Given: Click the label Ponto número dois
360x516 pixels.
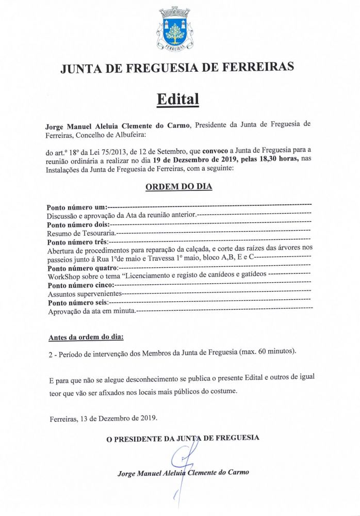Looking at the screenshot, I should tap(77, 225).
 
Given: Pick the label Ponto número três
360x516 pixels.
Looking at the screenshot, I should tap(77, 243).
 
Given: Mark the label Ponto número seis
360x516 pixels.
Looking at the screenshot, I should tap(77, 302).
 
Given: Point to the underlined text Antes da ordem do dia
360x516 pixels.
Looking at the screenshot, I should tap(86, 338).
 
